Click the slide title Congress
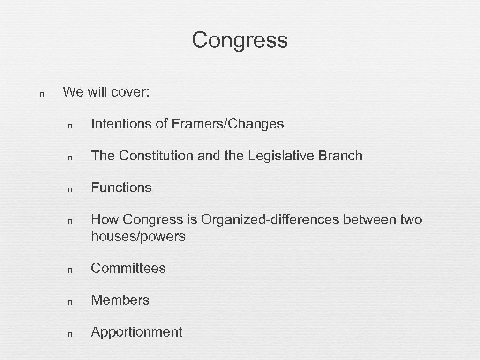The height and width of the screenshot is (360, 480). pyautogui.click(x=240, y=40)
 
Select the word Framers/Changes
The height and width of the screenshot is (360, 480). pyautogui.click(x=228, y=124)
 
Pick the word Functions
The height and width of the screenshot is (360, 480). pyautogui.click(x=121, y=187)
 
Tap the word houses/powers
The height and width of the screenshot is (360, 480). pyautogui.click(x=138, y=236)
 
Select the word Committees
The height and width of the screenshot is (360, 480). pyautogui.click(x=128, y=268)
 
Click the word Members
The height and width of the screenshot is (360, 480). pyautogui.click(x=120, y=300)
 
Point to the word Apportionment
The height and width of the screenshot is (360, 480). pyautogui.click(x=136, y=332)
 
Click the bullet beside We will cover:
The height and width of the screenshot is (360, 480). pyautogui.click(x=42, y=93)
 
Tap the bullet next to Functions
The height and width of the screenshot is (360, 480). pyautogui.click(x=70, y=189)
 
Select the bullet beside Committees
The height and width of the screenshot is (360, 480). pyautogui.click(x=70, y=270)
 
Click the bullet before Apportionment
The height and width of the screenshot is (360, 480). pyautogui.click(x=70, y=334)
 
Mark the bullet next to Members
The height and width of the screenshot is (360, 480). pyautogui.click(x=70, y=301)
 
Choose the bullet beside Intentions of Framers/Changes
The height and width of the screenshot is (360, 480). pyautogui.click(x=70, y=125)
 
